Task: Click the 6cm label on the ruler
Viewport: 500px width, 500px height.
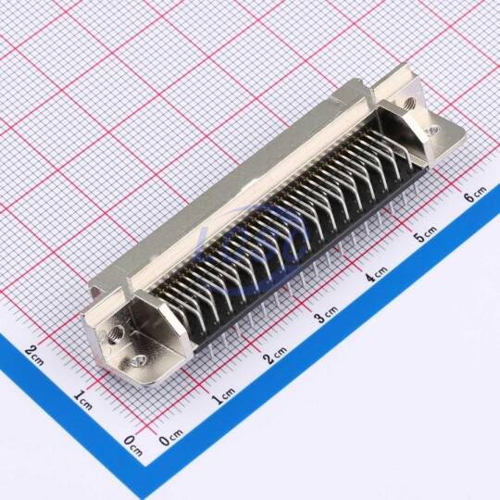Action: pos(476,194)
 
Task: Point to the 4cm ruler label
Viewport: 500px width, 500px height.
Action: pos(376,274)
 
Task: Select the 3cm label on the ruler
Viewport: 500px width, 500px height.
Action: pos(326,314)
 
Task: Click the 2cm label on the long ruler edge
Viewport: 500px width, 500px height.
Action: pos(275,355)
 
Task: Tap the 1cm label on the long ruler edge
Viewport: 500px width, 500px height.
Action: pos(224,395)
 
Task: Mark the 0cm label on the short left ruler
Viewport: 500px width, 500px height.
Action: pos(133,445)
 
